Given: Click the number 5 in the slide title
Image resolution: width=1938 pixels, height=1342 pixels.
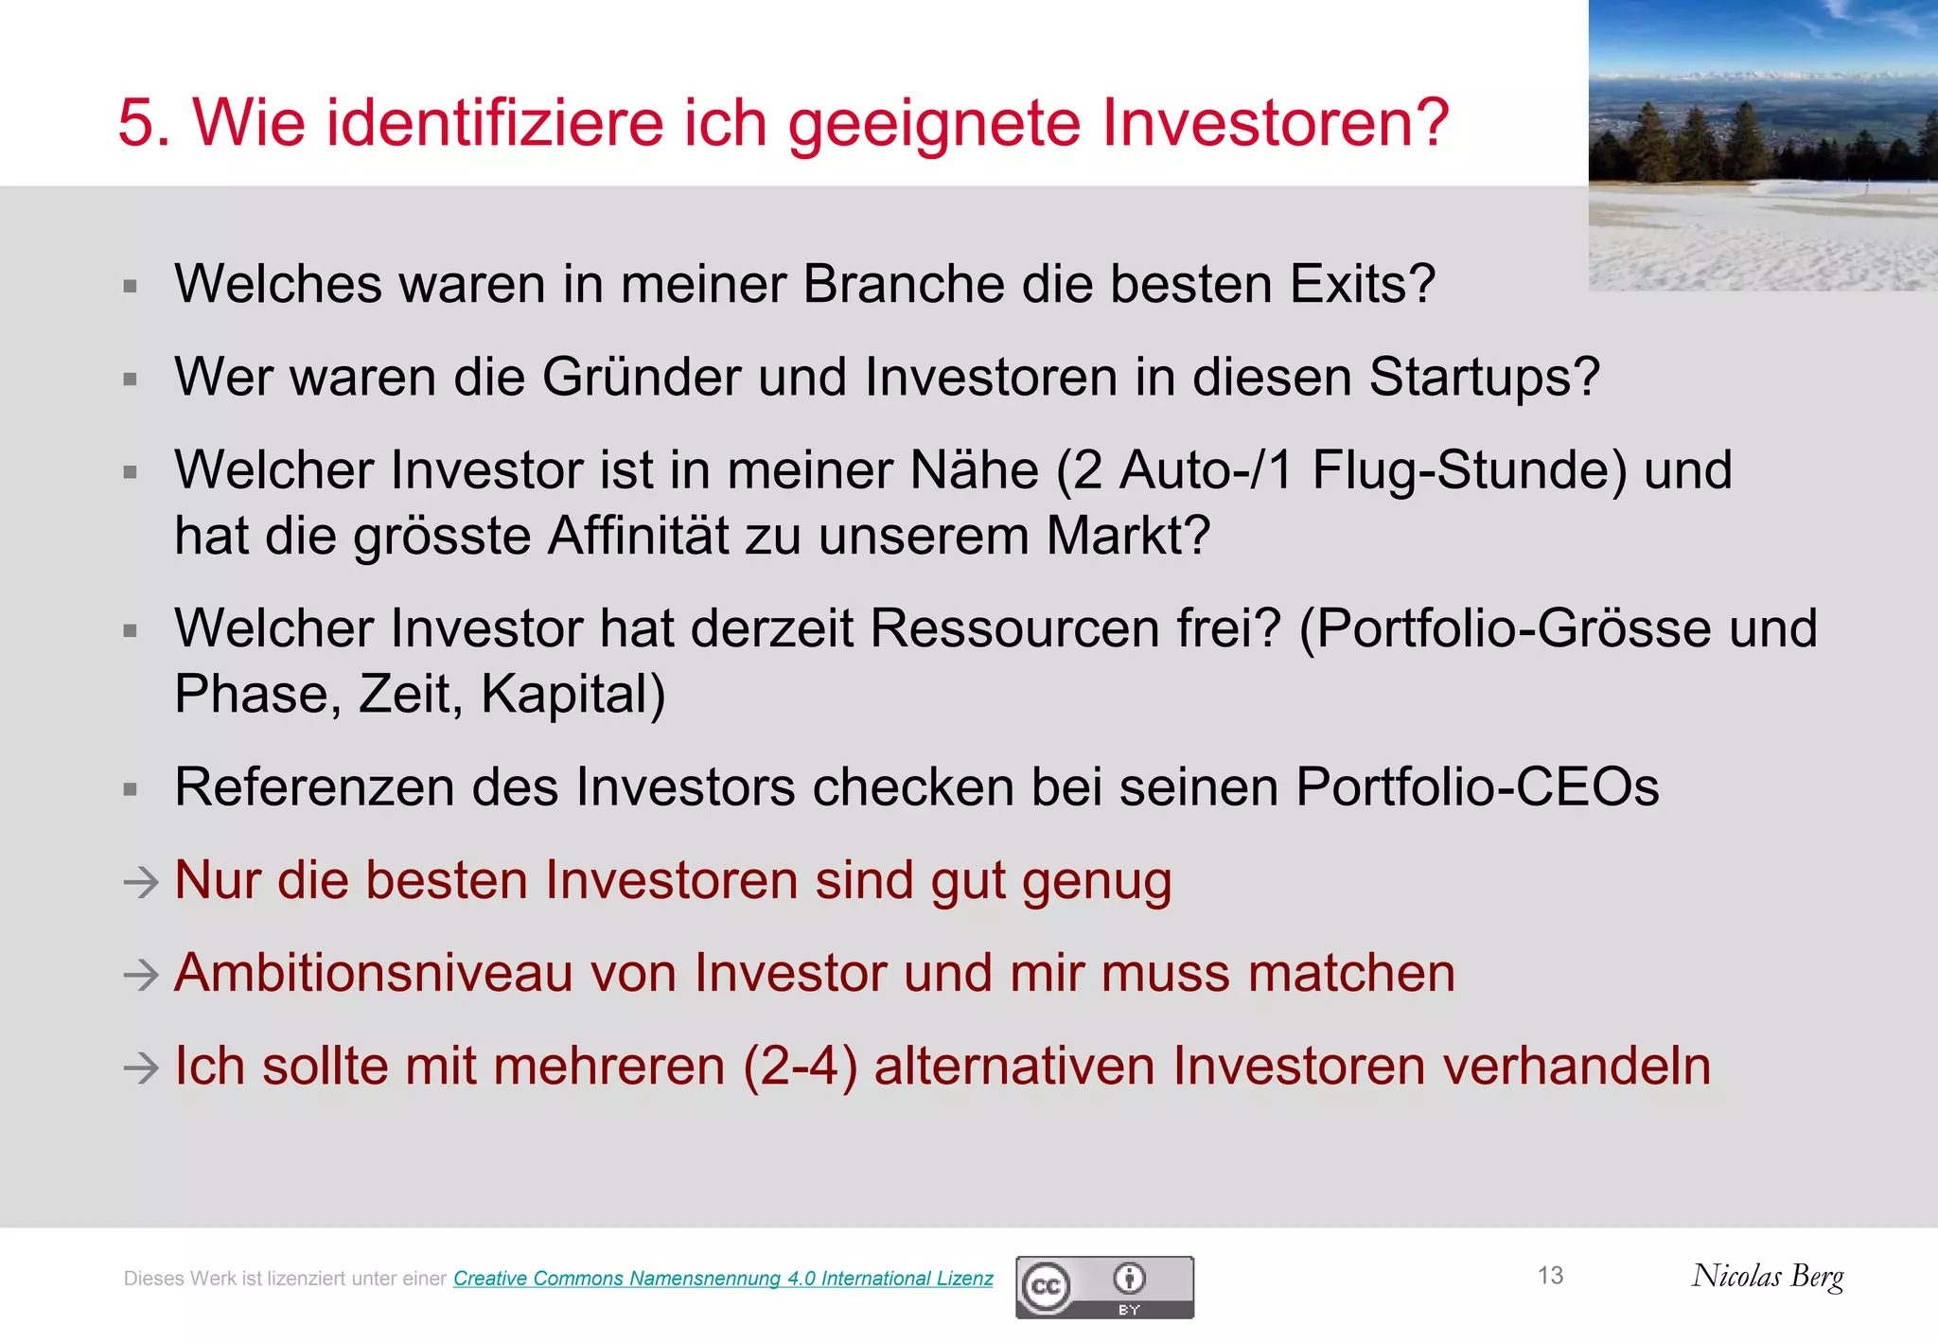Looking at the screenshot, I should [x=144, y=123].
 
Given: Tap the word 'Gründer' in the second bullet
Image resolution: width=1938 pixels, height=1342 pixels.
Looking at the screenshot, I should [x=642, y=378].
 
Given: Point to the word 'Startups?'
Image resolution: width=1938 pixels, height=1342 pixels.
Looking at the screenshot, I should [x=1484, y=378].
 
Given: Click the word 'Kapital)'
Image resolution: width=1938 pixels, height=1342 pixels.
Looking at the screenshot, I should [x=573, y=694].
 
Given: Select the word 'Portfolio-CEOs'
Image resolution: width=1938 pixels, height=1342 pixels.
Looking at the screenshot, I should [x=1477, y=787].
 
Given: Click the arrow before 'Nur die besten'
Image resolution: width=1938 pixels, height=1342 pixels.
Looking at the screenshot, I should [x=141, y=883].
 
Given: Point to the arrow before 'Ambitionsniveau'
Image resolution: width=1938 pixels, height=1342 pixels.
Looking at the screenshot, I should [x=141, y=975].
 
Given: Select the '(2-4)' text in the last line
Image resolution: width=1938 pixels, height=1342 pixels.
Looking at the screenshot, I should [x=801, y=1067].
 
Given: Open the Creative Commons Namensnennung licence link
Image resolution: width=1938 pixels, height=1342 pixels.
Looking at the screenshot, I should [x=723, y=1279].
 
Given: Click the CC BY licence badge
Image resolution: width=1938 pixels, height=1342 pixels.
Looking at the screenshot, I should [x=1104, y=1287].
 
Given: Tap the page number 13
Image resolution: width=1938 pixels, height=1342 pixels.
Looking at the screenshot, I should [x=1550, y=1276].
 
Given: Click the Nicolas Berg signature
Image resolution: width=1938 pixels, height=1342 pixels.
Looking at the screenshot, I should [x=1768, y=1277].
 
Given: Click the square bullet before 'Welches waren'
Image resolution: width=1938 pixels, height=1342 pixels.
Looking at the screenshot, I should [x=131, y=286].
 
